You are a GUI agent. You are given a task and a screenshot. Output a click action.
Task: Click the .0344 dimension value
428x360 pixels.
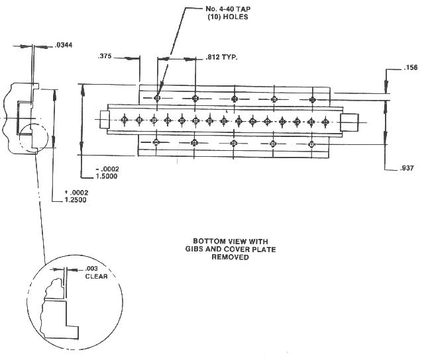tap(65, 45)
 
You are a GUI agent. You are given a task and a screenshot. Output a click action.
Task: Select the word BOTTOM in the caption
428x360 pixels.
tap(209, 241)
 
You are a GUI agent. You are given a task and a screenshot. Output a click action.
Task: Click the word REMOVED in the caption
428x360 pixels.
tap(230, 257)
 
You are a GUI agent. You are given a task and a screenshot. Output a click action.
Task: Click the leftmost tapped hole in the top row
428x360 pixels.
tap(157, 98)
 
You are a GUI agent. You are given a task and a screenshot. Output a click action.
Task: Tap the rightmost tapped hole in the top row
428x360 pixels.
tap(313, 99)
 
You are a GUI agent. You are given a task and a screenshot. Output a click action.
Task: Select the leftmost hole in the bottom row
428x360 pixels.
tap(156, 142)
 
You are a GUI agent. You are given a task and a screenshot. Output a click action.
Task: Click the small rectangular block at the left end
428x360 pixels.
tap(104, 120)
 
